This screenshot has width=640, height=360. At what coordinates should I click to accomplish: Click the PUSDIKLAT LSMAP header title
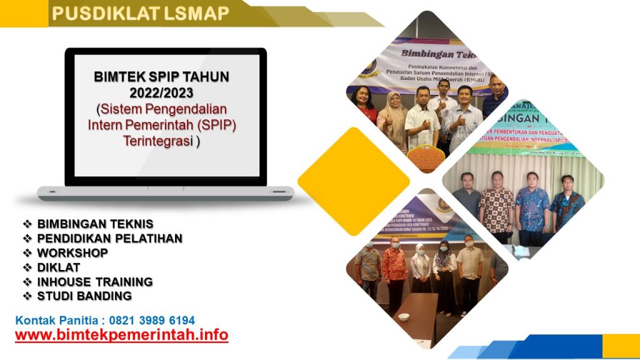point(140,13)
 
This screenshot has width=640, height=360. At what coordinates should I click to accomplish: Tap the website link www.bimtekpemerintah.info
point(121,335)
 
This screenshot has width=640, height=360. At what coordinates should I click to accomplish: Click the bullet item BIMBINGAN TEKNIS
point(95,224)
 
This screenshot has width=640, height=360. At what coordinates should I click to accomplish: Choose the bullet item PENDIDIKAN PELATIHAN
point(109,238)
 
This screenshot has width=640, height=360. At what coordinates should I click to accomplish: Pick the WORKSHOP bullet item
point(72,252)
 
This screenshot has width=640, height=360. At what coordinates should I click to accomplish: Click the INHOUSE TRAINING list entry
point(94,281)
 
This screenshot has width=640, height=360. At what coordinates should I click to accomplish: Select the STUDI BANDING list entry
point(84,296)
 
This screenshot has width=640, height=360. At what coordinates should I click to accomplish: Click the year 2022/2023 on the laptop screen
point(162,93)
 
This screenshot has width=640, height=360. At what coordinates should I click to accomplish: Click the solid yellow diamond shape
point(353,181)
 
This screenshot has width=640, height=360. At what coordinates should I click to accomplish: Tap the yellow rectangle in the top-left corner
point(24,14)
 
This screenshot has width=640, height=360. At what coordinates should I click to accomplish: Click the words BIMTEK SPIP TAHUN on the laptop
point(162,77)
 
